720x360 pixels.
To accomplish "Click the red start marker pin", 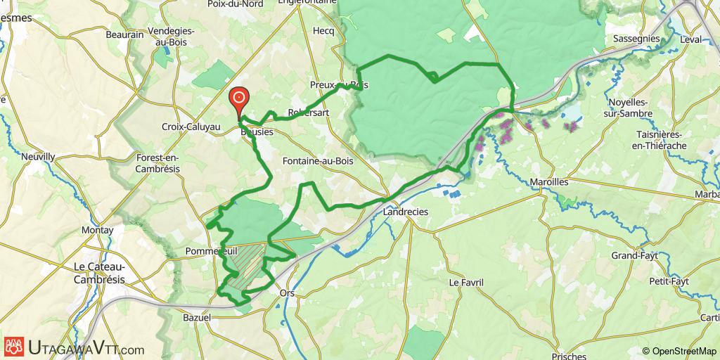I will (238, 99).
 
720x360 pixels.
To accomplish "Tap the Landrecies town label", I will (406, 211).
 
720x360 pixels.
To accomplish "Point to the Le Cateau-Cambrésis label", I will (99, 273).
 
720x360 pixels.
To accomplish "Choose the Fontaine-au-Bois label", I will (317, 160).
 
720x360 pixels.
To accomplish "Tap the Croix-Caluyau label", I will (191, 127).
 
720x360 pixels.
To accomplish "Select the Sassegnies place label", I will (636, 38).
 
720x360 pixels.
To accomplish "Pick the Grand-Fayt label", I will (634, 255).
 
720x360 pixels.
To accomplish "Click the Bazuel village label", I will (197, 319).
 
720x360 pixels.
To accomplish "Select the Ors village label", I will (287, 292).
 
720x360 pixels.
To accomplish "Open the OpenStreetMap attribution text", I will (679, 351).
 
